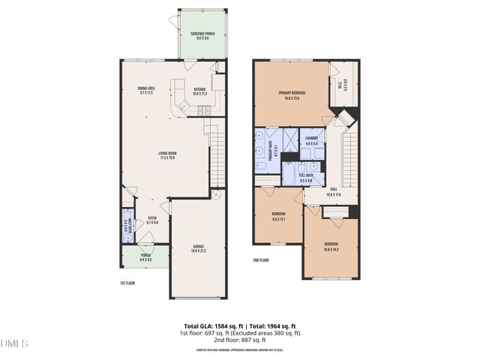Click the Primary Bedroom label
292,96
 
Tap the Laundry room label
312,140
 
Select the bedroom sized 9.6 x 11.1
279,217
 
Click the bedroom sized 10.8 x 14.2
331,246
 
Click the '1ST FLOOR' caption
127,283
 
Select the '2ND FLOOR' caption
261,262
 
